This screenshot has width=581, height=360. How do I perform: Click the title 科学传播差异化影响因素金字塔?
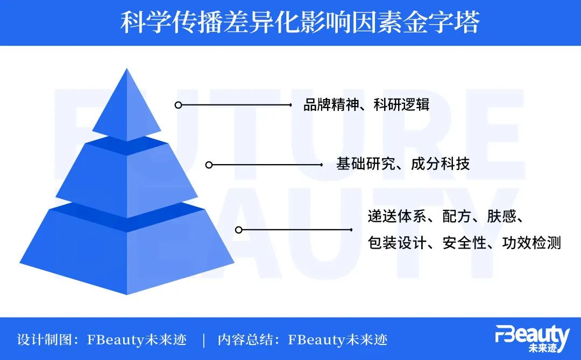click(x=299, y=23)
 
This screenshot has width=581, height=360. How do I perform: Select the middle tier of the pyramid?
click(x=127, y=175)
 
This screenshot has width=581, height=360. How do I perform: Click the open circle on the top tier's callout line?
click(x=178, y=105)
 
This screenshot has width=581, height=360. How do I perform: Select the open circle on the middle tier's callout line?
click(x=209, y=165)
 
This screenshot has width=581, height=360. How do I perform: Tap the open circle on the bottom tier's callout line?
click(x=239, y=230)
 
